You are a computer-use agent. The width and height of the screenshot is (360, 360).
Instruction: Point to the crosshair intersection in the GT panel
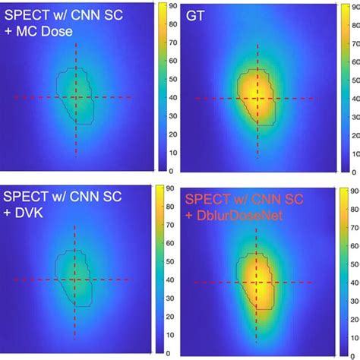tap(257, 98)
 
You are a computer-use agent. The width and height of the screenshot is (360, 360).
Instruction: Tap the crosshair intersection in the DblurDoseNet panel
tap(257, 283)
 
